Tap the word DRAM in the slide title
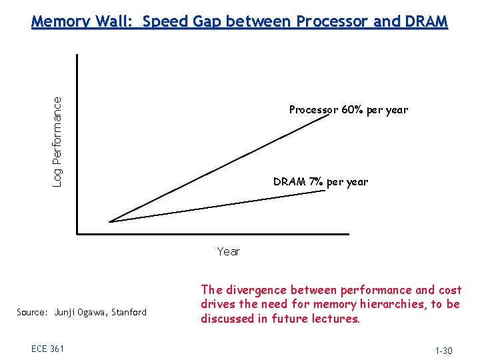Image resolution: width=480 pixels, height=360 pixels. coord(426,22)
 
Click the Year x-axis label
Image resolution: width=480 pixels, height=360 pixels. coord(228,251)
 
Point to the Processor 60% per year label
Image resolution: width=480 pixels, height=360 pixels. coord(348,110)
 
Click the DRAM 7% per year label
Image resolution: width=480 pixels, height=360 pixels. coord(320,182)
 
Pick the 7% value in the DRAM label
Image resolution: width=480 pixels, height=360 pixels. coord(316,182)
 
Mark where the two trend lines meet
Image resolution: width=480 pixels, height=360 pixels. coord(110,221)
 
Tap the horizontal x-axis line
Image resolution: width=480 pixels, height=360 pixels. coord(213,234)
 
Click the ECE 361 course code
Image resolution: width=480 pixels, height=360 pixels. coord(47,349)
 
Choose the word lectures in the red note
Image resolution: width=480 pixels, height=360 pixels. coord(337,319)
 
